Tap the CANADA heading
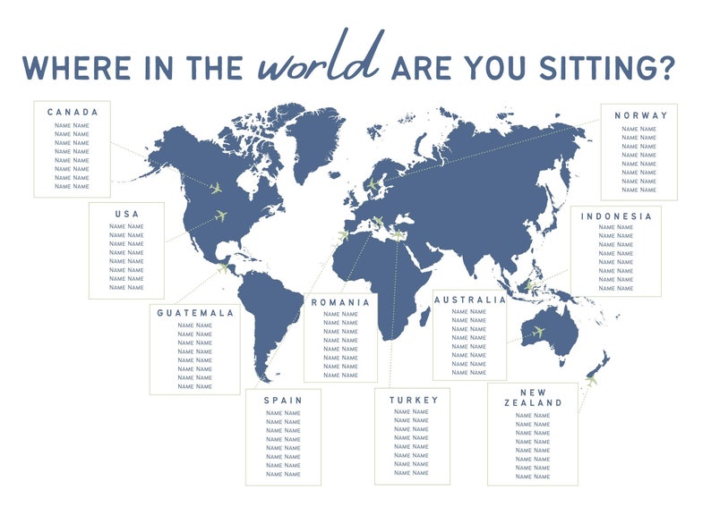[x=73, y=113]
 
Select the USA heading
[x=126, y=214]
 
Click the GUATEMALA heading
[x=195, y=313]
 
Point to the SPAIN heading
[x=283, y=400]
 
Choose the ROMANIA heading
[x=340, y=302]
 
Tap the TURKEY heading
[x=414, y=400]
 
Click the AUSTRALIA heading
[x=470, y=300]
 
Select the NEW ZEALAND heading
[x=532, y=397]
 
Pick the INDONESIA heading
[x=616, y=216]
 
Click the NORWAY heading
[x=641, y=116]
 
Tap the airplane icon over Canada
[x=216, y=188]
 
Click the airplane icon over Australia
[x=538, y=333]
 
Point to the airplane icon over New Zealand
[x=591, y=381]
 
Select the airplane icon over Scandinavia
[x=373, y=185]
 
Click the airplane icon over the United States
[x=222, y=215]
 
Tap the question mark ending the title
[x=664, y=68]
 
